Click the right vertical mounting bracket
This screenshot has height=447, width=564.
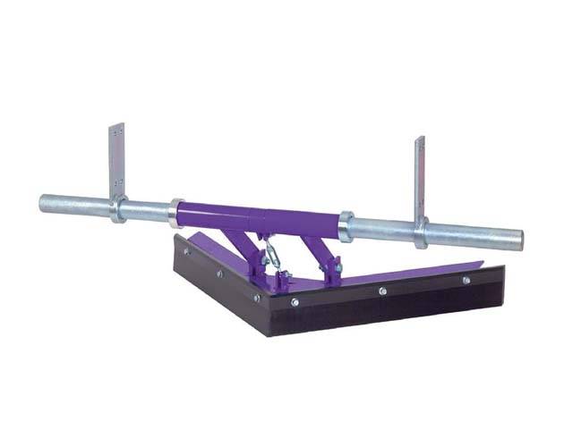click(419, 174)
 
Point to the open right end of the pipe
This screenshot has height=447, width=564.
click(518, 240)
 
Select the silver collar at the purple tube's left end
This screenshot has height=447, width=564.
click(174, 214)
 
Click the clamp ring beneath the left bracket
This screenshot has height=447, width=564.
click(117, 208)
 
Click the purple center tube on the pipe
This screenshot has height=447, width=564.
click(260, 219)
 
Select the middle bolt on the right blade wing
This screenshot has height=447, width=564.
click(382, 291)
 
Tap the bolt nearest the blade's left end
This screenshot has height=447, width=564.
click(191, 253)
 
